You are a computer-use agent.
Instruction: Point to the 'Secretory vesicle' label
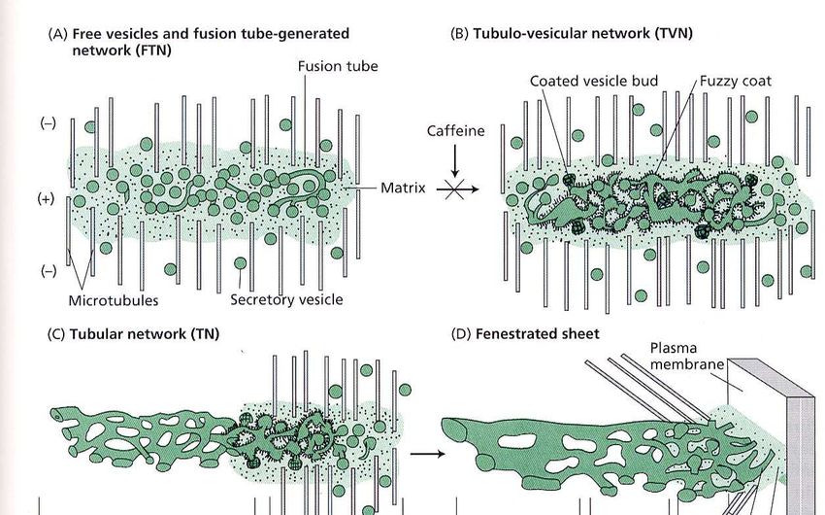click(x=286, y=300)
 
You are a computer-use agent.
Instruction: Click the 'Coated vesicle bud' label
click(x=589, y=82)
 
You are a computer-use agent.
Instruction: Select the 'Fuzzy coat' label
click(x=736, y=82)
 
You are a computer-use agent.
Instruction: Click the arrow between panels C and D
click(x=422, y=452)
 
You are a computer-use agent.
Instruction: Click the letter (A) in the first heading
click(x=56, y=33)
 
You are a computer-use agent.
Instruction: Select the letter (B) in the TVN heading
click(x=460, y=33)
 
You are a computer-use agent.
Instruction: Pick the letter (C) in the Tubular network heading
click(x=56, y=334)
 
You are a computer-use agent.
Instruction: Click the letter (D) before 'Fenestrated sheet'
click(x=461, y=334)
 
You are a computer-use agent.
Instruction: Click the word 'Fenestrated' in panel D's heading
click(x=513, y=334)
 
